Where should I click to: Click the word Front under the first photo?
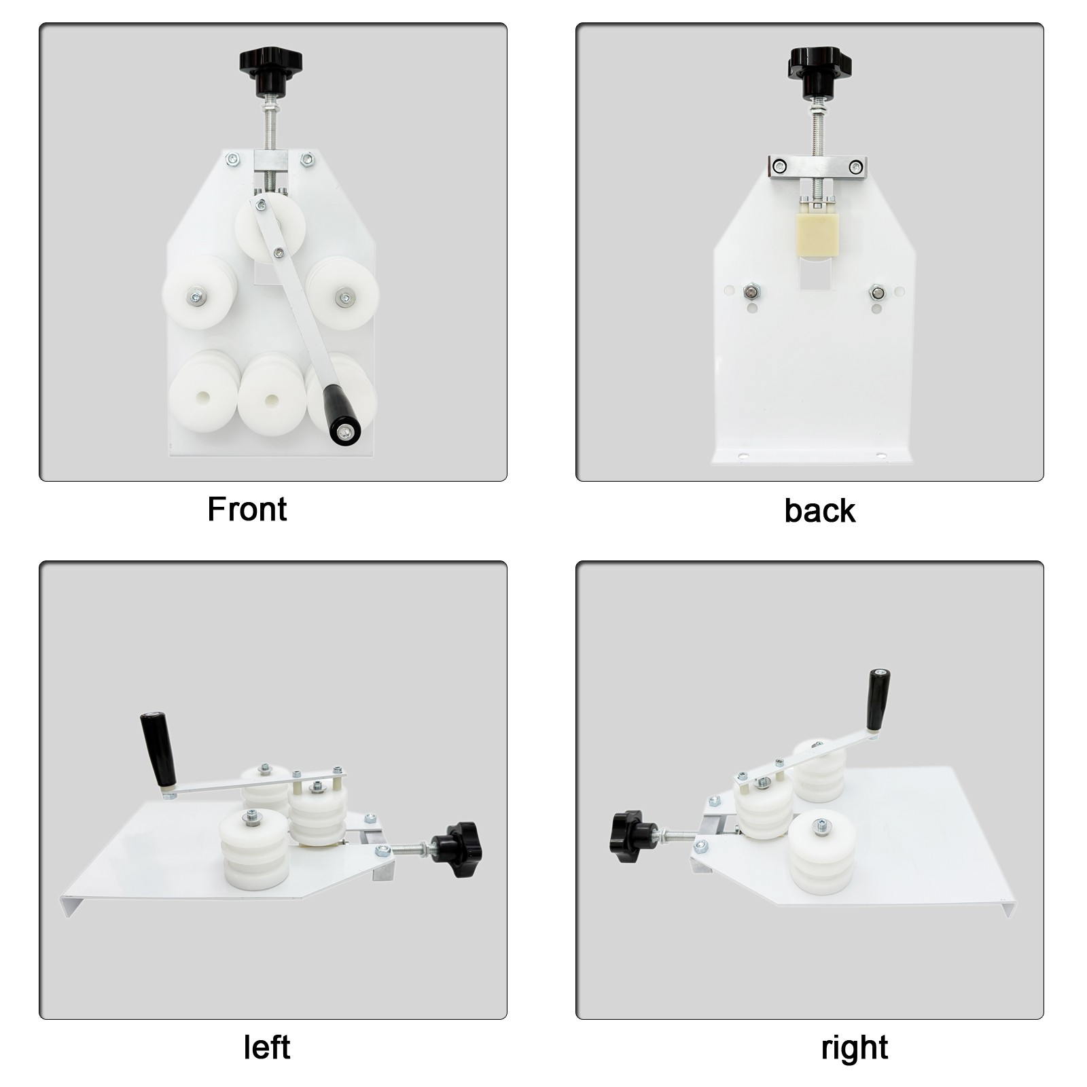247,509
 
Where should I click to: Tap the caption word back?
819,510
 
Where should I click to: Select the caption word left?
267,1047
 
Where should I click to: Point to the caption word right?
854,1048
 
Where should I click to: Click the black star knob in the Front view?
270,71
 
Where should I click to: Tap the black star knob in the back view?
819,71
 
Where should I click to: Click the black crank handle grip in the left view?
159,749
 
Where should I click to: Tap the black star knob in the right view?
631,835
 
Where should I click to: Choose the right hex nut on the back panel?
877,293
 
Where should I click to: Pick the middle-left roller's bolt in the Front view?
198,296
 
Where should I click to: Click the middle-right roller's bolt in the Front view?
343,296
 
